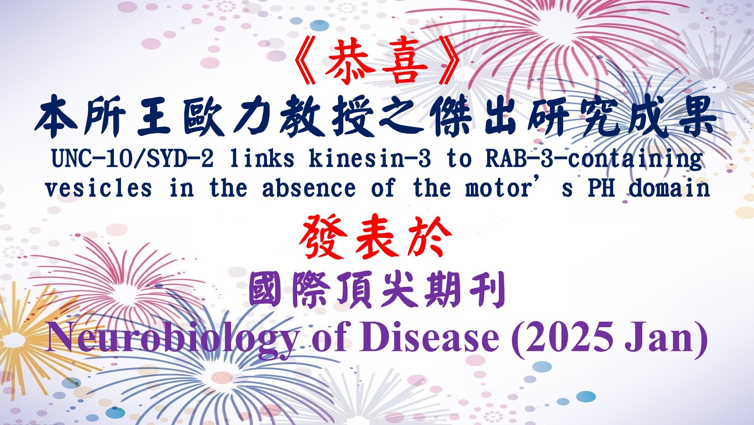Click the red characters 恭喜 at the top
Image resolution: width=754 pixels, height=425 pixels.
[377, 63]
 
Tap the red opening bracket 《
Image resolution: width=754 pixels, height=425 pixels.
[306, 63]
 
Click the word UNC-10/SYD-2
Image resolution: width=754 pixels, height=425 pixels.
[133, 159]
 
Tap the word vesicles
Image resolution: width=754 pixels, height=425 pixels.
[98, 188]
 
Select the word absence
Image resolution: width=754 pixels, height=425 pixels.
[309, 188]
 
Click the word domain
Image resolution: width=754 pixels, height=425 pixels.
[669, 188]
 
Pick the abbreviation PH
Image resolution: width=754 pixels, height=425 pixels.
[601, 188]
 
